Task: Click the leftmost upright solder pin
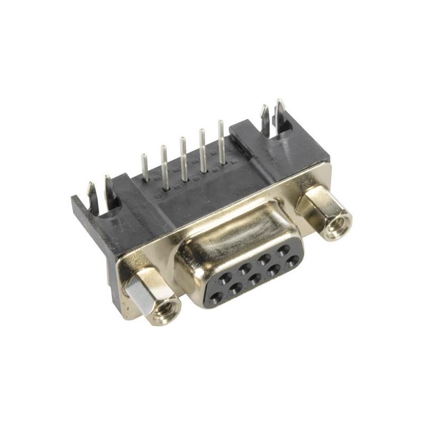tap(144, 167)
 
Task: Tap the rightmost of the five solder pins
tap(221, 141)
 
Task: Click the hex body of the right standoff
tap(315, 204)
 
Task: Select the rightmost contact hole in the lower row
tap(292, 261)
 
